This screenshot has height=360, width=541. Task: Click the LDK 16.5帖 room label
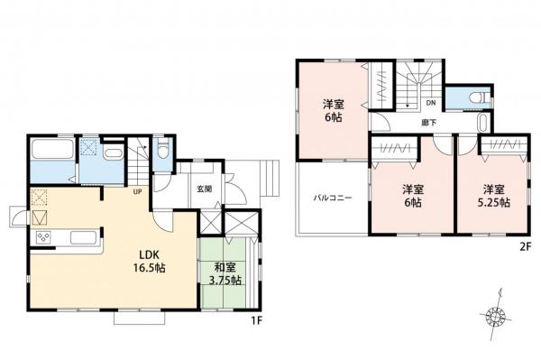point(150,261)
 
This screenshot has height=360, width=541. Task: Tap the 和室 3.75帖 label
point(225,273)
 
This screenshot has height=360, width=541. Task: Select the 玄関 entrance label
point(205,189)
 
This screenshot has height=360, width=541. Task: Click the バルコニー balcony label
point(332,198)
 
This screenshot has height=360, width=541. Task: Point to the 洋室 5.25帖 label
point(494,196)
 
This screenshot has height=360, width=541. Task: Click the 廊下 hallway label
point(429,123)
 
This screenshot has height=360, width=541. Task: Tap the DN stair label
point(431,103)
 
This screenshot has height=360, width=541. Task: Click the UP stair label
point(137,191)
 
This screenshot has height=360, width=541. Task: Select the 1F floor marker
point(257,321)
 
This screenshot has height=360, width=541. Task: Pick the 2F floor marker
point(524,247)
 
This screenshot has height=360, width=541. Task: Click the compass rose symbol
point(495,316)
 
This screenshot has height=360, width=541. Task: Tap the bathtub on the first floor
point(52,148)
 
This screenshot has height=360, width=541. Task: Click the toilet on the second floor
point(481,97)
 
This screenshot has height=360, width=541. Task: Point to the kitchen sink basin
point(83,237)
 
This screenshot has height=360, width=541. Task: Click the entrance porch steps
point(270,178)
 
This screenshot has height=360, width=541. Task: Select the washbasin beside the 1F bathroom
point(114,153)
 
